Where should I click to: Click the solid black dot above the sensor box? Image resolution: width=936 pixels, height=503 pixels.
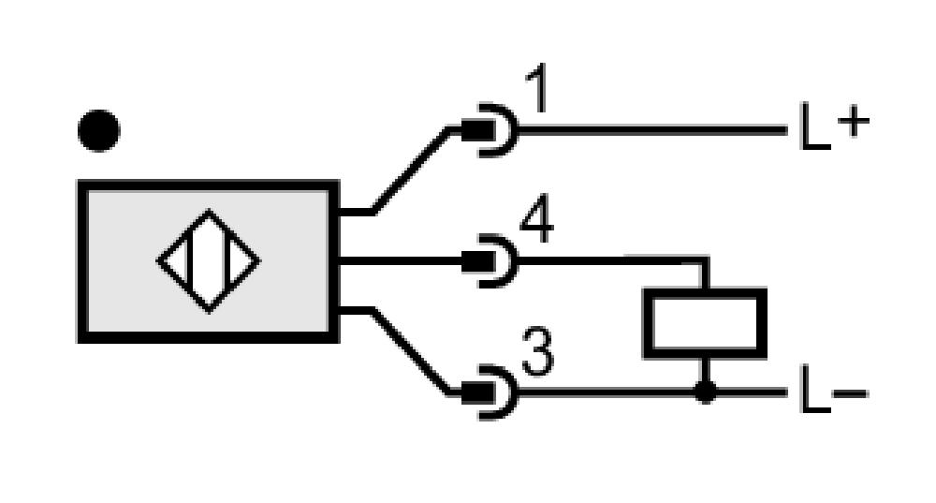click(x=99, y=130)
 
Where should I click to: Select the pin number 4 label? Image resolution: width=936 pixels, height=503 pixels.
click(x=537, y=220)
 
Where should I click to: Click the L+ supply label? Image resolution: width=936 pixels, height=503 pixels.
click(x=835, y=126)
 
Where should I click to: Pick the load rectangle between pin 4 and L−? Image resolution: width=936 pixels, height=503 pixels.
click(x=705, y=323)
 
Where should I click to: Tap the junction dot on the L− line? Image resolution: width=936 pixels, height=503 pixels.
click(x=705, y=392)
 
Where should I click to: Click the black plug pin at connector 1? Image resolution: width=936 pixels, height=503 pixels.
click(x=477, y=130)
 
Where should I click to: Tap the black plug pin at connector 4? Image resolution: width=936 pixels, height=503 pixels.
click(x=477, y=261)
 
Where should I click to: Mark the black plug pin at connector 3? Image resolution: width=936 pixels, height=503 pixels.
click(x=477, y=392)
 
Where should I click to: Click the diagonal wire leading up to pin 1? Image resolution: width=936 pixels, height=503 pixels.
click(x=411, y=170)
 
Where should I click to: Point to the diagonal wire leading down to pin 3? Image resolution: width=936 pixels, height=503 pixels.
click(x=411, y=351)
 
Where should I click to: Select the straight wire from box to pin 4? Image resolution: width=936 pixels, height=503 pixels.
click(x=400, y=261)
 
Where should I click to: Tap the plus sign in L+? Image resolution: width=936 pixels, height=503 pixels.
click(x=854, y=123)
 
